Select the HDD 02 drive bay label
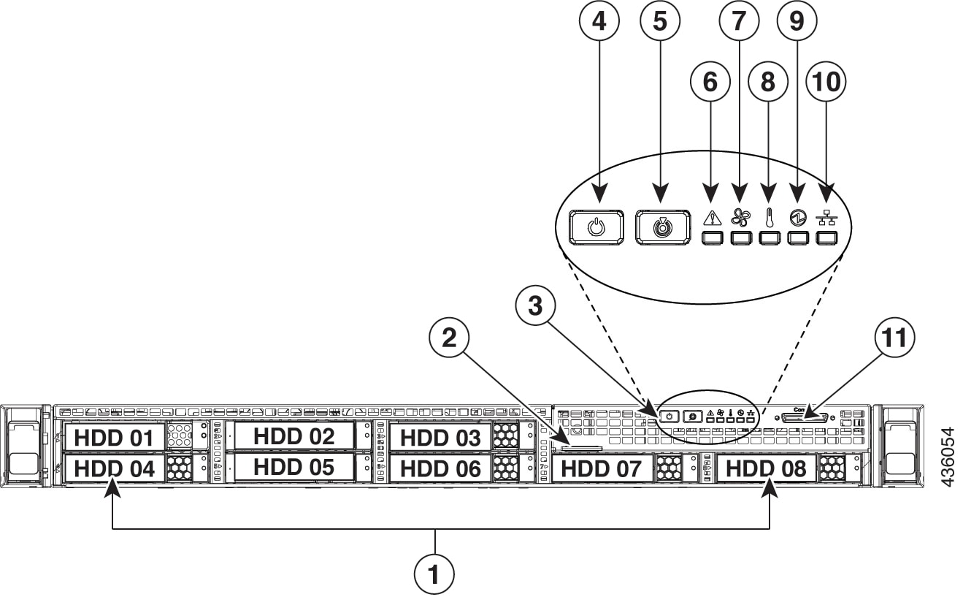293,436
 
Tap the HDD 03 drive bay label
440,438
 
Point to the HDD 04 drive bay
115,468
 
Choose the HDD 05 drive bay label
293,467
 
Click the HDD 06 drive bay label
440,468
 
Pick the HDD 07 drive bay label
602,468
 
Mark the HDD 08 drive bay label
766,468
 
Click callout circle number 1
435,574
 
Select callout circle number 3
535,307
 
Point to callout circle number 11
894,338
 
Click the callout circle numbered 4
599,22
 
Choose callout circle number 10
825,82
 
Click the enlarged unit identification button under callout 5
661,227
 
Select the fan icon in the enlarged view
740,217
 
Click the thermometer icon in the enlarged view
768,217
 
